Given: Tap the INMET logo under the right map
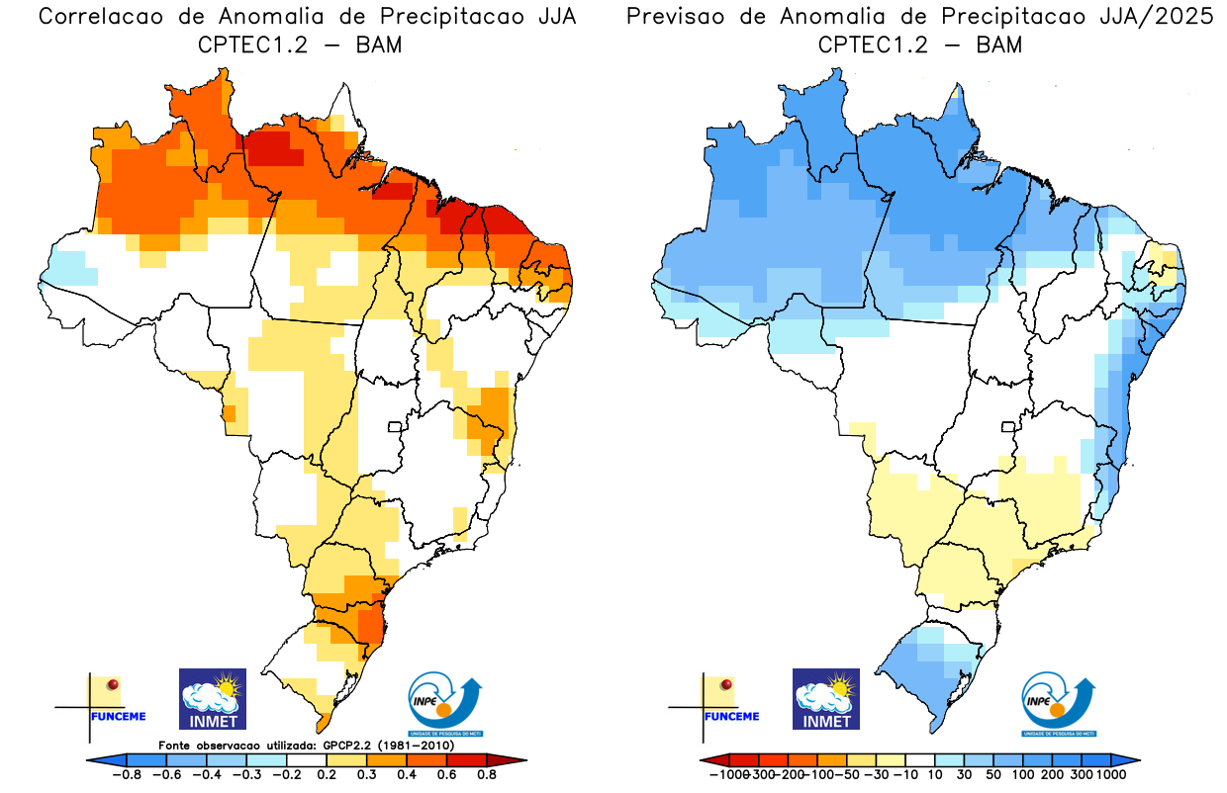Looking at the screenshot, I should (826, 699).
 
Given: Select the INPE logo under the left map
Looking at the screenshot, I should (444, 704).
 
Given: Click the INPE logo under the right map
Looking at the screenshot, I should (1058, 704).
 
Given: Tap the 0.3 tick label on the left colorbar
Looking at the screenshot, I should (365, 774).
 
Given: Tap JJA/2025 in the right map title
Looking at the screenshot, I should (1158, 17).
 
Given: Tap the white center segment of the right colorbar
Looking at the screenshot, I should (920, 759).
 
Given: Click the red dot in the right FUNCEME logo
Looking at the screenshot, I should (726, 684).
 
